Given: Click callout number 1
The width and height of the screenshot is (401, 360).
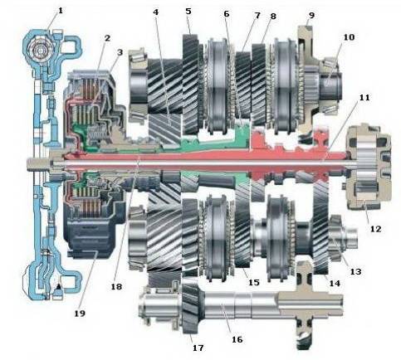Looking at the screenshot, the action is coord(61,11).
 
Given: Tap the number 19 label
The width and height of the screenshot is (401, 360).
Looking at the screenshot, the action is coord(80,314).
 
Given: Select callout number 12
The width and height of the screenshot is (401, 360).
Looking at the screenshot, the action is coord(375,229).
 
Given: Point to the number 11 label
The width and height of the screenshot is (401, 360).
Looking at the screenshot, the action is coord(364,98).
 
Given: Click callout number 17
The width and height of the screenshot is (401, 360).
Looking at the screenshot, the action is coord(198,348).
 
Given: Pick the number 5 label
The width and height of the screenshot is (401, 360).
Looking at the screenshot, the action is coord(188,12).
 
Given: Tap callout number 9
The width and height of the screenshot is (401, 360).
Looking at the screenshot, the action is coord(311,15).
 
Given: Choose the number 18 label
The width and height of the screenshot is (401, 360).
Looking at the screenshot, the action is coord(116,286).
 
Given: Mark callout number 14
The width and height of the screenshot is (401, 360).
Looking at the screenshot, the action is coord(335,283).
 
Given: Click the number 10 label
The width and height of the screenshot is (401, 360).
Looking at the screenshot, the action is coord(349,36).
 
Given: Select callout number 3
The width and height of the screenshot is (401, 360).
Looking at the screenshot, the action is coord(120,52).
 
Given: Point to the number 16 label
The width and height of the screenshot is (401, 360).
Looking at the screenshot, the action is coord(237,339).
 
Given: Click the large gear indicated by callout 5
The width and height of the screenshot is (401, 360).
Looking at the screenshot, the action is coord(191,85).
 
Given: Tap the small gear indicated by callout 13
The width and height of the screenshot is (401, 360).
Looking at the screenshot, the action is coord(335,238).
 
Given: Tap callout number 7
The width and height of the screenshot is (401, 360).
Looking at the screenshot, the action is coord(257,15).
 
